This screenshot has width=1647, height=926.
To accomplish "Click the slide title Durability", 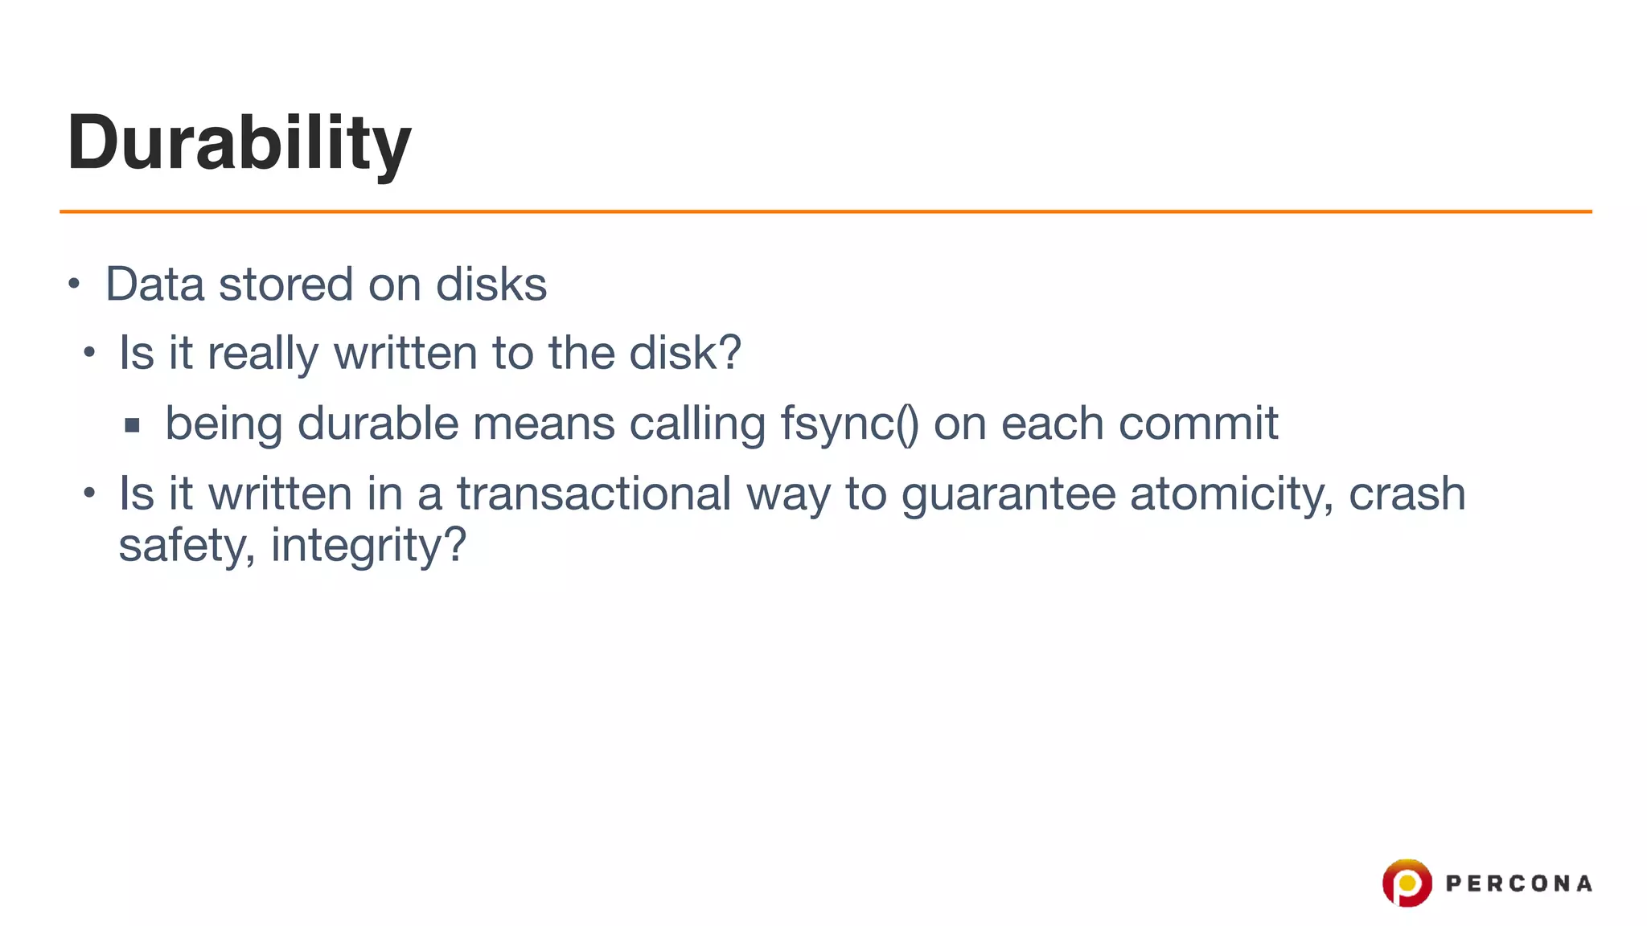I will [239, 142].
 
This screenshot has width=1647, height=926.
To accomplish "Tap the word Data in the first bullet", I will [154, 285].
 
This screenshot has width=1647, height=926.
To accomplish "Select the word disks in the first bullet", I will [491, 285].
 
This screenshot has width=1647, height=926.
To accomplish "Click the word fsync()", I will [849, 424].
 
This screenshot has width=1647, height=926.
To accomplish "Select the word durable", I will [377, 424].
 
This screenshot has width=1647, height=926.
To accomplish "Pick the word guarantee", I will [1008, 494].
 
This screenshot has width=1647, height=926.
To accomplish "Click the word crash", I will [1407, 494].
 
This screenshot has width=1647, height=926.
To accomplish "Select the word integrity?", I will [368, 546].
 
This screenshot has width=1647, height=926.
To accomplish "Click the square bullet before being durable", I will [133, 425].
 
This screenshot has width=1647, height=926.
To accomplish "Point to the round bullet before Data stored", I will [74, 284].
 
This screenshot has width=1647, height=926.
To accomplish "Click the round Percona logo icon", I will [1407, 883].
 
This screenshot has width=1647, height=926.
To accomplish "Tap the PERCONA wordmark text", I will [1518, 884].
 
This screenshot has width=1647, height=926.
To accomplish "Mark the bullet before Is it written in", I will [89, 492].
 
